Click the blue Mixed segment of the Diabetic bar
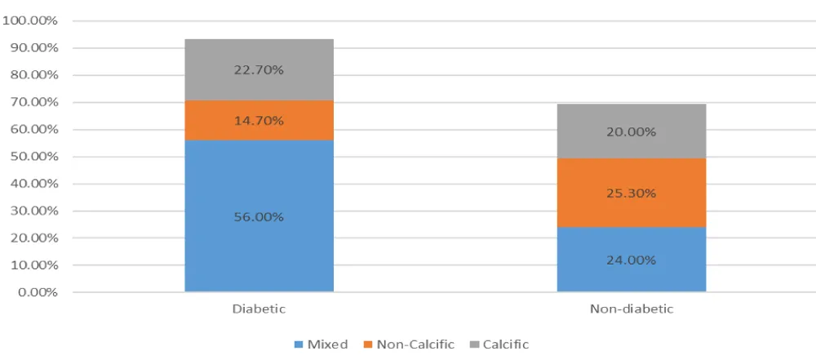click(x=259, y=245)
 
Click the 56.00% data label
click(x=259, y=217)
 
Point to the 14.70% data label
click(x=259, y=121)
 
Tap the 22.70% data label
click(x=259, y=70)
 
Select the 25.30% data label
click(x=631, y=193)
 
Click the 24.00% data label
click(x=631, y=261)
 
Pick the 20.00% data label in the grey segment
click(x=631, y=132)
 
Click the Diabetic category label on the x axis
click(x=259, y=309)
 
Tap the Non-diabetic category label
click(x=631, y=309)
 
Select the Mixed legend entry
click(x=326, y=344)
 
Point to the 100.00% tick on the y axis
click(x=30, y=20)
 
